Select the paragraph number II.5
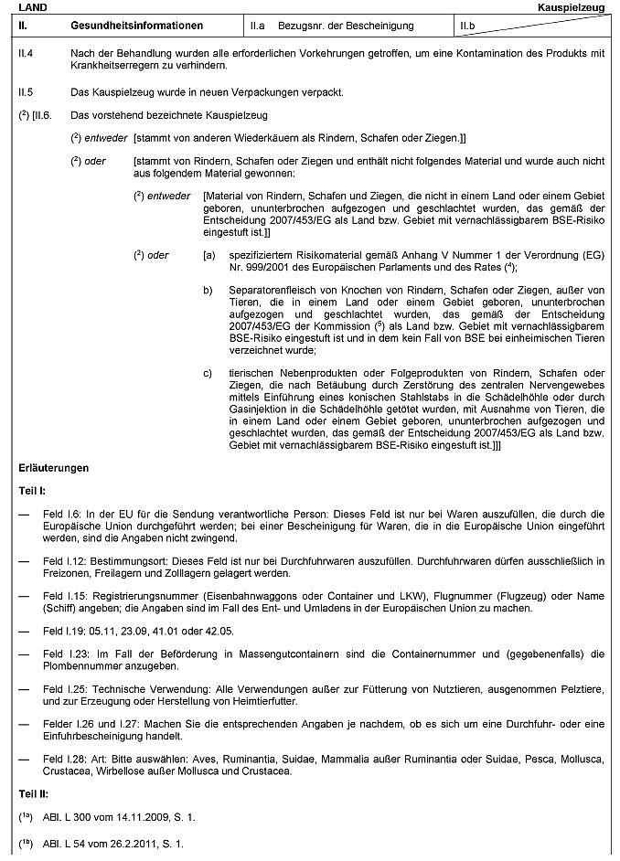(26, 92)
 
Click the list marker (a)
(209, 256)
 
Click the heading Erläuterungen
(54, 468)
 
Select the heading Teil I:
(32, 491)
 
